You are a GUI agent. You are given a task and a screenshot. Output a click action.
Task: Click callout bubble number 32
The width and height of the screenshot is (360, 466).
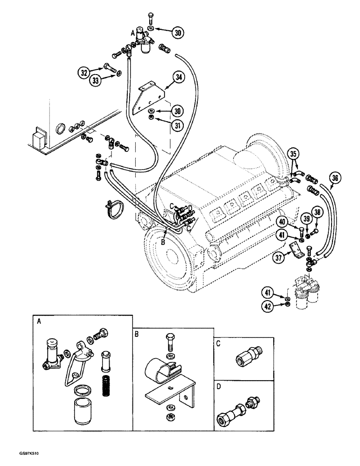(x=84, y=72)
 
